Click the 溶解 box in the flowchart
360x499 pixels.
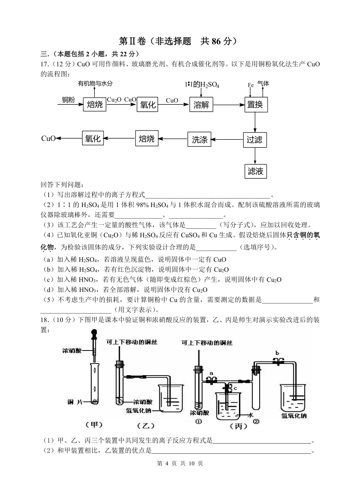(x=201, y=105)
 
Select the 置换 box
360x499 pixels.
(x=255, y=105)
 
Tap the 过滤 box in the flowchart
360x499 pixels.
(x=255, y=139)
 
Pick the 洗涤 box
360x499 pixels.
(x=199, y=139)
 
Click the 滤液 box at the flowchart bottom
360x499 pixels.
(x=255, y=171)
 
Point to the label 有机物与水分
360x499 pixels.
(x=95, y=83)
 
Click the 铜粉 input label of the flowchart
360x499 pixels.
(x=68, y=100)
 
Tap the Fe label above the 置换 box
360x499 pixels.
(x=251, y=85)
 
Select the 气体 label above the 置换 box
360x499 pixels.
(x=263, y=83)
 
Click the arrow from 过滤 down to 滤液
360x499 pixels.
(x=255, y=156)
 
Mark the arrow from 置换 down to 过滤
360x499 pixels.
(x=255, y=122)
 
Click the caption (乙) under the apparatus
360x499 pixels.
(x=146, y=425)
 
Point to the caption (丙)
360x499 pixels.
(x=239, y=426)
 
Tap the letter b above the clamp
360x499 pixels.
(x=277, y=353)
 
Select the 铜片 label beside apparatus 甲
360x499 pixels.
(x=75, y=402)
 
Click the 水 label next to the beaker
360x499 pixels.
(x=250, y=415)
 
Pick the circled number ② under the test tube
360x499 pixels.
(x=256, y=422)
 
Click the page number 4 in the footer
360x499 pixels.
(x=167, y=463)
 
